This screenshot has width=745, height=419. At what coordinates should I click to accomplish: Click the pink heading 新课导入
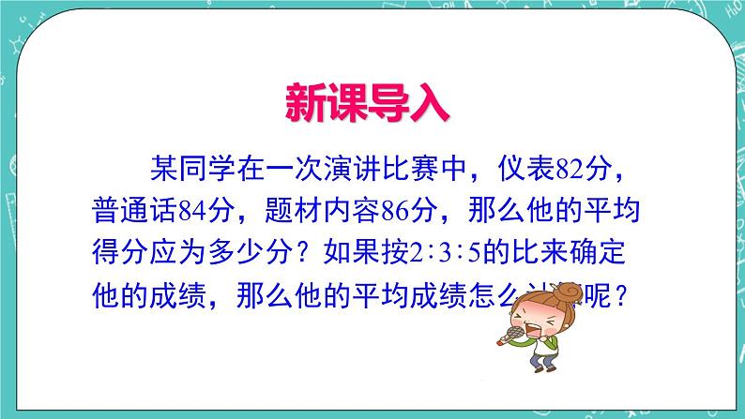[368, 103]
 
